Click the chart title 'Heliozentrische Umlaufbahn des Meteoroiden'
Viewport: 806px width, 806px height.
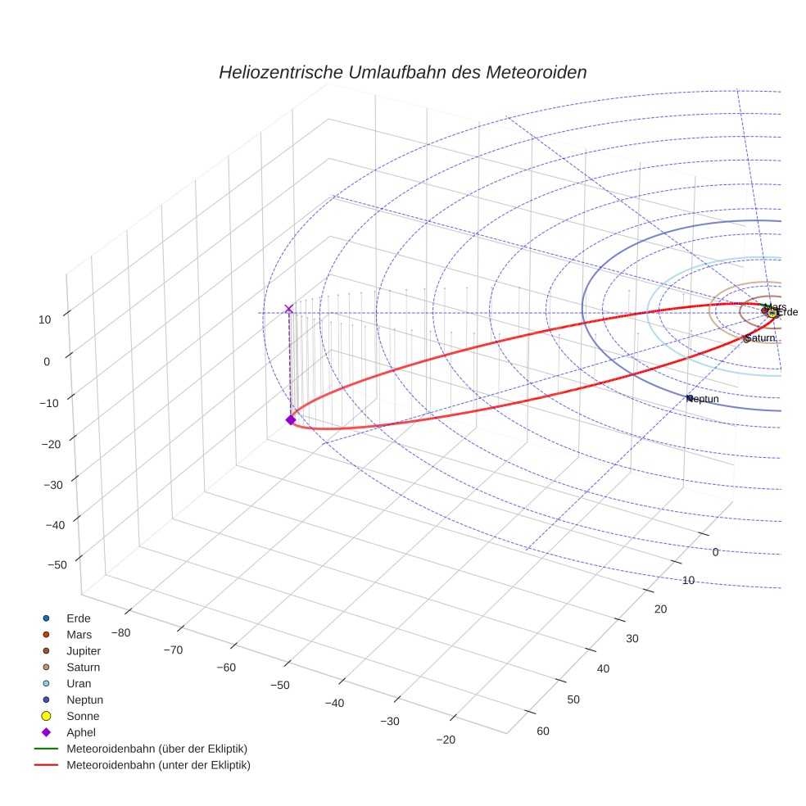(x=402, y=72)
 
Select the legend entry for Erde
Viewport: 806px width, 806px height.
(x=78, y=618)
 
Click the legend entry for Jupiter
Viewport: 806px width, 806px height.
(x=83, y=650)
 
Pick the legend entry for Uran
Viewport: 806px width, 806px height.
(x=79, y=683)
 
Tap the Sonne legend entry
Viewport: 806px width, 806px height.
(x=82, y=716)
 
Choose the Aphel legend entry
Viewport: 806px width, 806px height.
(x=80, y=732)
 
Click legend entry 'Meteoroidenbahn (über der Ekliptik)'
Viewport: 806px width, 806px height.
(x=156, y=749)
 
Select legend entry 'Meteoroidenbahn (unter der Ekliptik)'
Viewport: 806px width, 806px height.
(x=157, y=765)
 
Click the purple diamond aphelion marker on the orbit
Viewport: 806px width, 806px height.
(x=290, y=419)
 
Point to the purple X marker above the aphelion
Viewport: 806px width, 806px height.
(x=288, y=309)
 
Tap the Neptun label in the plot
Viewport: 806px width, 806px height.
(x=703, y=399)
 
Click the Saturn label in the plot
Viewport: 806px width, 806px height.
(x=760, y=337)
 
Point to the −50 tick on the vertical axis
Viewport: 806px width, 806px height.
(x=57, y=564)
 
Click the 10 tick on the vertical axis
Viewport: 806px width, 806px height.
(x=44, y=319)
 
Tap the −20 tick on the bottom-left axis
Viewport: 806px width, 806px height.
(x=446, y=739)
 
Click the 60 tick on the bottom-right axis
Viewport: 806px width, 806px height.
(x=542, y=731)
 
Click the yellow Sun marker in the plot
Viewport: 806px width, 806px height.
(x=772, y=313)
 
